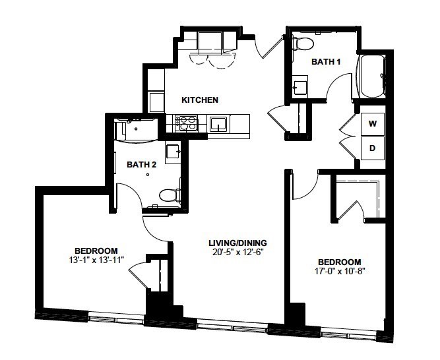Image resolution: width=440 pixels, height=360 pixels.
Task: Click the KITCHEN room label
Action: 200,100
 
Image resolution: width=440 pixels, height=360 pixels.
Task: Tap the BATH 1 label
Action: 326,62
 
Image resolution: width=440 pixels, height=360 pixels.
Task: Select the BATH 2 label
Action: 141,165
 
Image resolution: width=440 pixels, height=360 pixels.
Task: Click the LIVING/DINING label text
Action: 237,243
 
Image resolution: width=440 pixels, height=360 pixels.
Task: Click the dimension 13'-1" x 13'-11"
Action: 96,260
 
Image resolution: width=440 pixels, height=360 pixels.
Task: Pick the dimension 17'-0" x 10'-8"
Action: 340,271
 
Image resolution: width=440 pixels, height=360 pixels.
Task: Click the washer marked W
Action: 373,124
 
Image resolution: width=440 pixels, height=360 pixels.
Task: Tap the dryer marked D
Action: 373,148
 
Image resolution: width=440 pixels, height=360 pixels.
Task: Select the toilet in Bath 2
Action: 170,195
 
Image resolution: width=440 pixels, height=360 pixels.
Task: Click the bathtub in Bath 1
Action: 372,76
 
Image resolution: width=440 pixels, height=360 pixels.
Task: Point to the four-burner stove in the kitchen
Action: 186,123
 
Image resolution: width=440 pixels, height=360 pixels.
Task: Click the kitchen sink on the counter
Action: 218,124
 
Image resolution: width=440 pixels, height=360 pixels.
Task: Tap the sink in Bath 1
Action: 299,87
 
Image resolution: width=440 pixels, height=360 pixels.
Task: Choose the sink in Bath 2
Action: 173,152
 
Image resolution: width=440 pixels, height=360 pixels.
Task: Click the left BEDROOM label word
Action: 96,251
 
